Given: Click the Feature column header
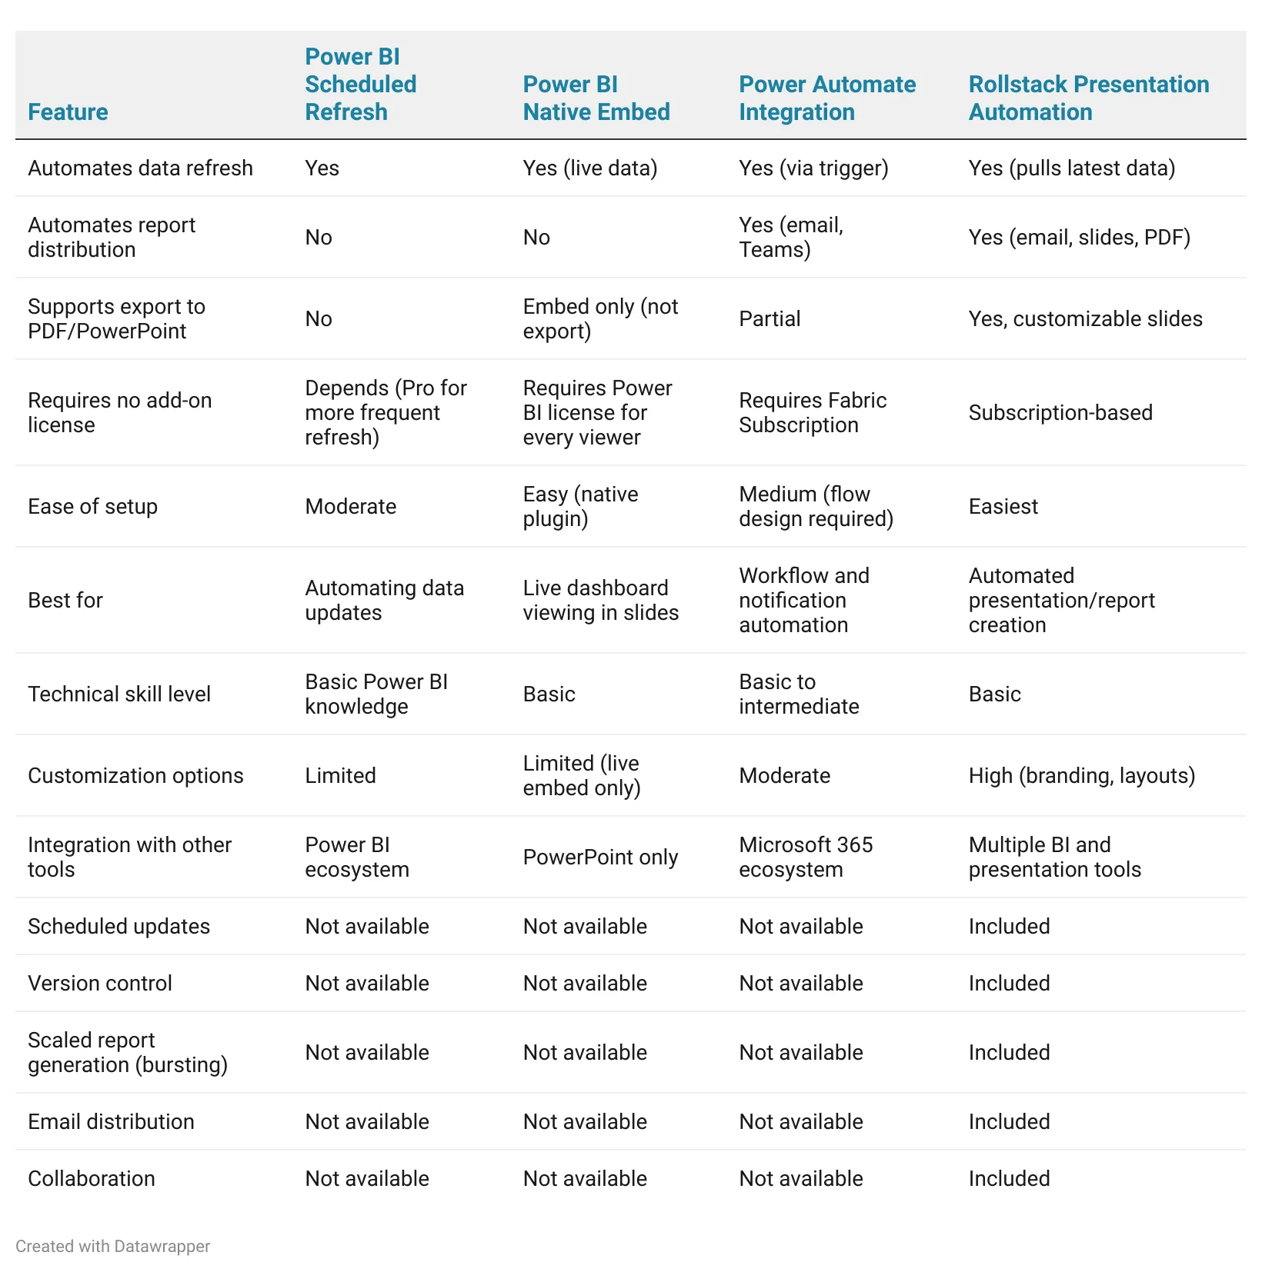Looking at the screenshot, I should click(x=68, y=112).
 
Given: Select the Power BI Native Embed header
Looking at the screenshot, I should click(x=596, y=98).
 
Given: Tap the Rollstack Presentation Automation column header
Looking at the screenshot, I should click(x=1088, y=98).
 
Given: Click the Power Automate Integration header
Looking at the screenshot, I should click(x=827, y=98).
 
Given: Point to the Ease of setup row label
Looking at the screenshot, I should click(x=92, y=507).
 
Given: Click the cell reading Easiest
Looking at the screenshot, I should click(x=1003, y=507).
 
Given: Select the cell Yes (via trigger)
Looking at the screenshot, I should click(x=813, y=168).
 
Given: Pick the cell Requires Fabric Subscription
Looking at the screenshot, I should click(x=813, y=413).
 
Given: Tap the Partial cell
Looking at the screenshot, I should click(x=770, y=319).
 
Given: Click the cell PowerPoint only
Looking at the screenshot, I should click(x=600, y=857).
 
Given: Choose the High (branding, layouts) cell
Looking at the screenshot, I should click(x=1081, y=776).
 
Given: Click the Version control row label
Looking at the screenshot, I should click(x=100, y=984).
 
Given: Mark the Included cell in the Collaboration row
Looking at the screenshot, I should click(x=1009, y=1179).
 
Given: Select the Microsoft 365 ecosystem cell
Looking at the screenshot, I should click(x=806, y=857).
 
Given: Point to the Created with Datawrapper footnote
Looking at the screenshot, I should click(x=112, y=1247).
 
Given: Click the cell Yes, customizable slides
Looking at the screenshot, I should click(x=1085, y=319).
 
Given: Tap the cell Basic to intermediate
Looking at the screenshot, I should click(x=799, y=694).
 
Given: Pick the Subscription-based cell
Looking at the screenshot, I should click(x=1060, y=413).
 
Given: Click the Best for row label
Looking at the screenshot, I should click(x=65, y=601).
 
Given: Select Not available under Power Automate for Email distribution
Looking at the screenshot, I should click(x=801, y=1122).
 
